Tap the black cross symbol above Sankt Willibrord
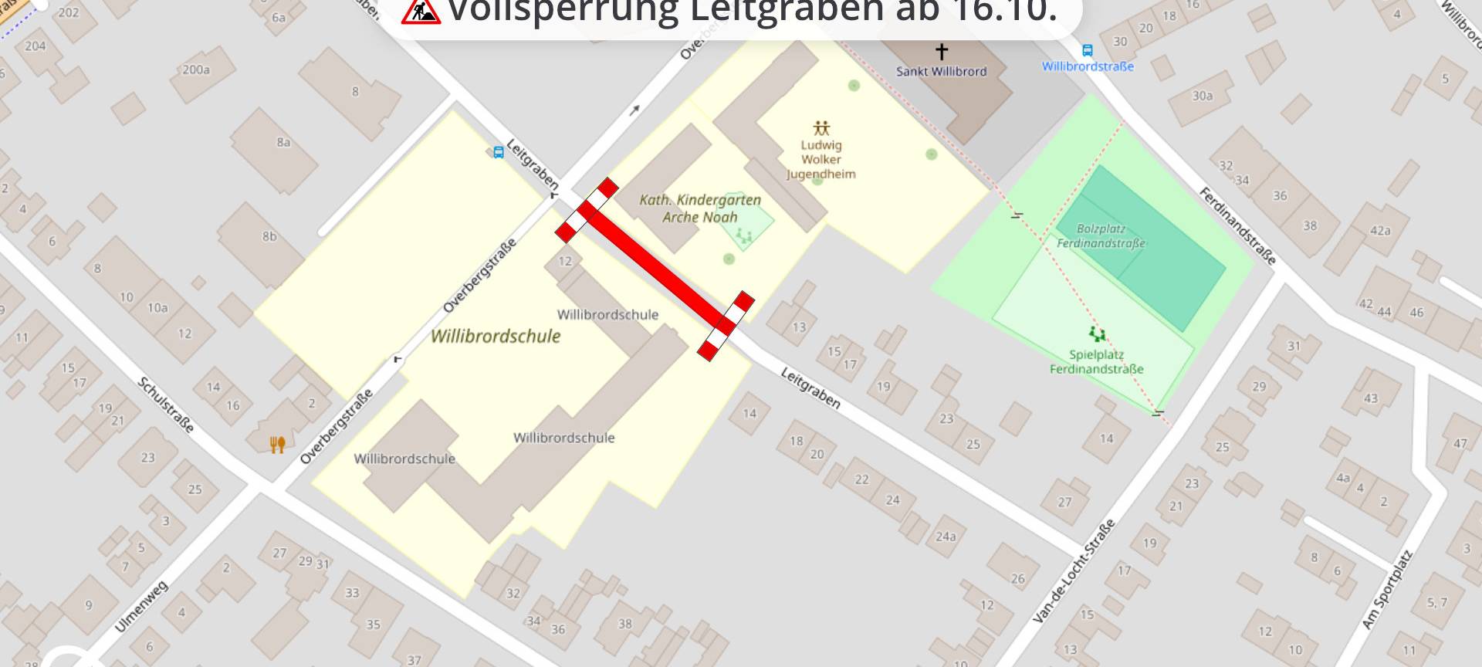(x=941, y=52)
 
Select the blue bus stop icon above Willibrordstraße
(x=1087, y=51)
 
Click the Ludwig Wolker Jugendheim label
(x=821, y=159)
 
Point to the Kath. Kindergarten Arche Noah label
(x=700, y=208)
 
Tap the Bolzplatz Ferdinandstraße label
(x=1101, y=236)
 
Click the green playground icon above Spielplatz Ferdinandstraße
(x=1097, y=334)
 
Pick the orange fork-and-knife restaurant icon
(x=277, y=444)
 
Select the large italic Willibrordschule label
(x=496, y=336)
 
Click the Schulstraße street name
(x=166, y=405)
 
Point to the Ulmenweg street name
(x=141, y=607)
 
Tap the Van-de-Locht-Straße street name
(x=1074, y=571)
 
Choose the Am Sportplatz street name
(x=1387, y=589)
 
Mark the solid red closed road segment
(x=655, y=269)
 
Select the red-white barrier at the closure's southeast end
(x=726, y=325)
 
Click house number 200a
(x=196, y=69)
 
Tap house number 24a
(x=946, y=536)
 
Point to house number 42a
(x=1380, y=231)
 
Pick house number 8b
(x=269, y=236)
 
